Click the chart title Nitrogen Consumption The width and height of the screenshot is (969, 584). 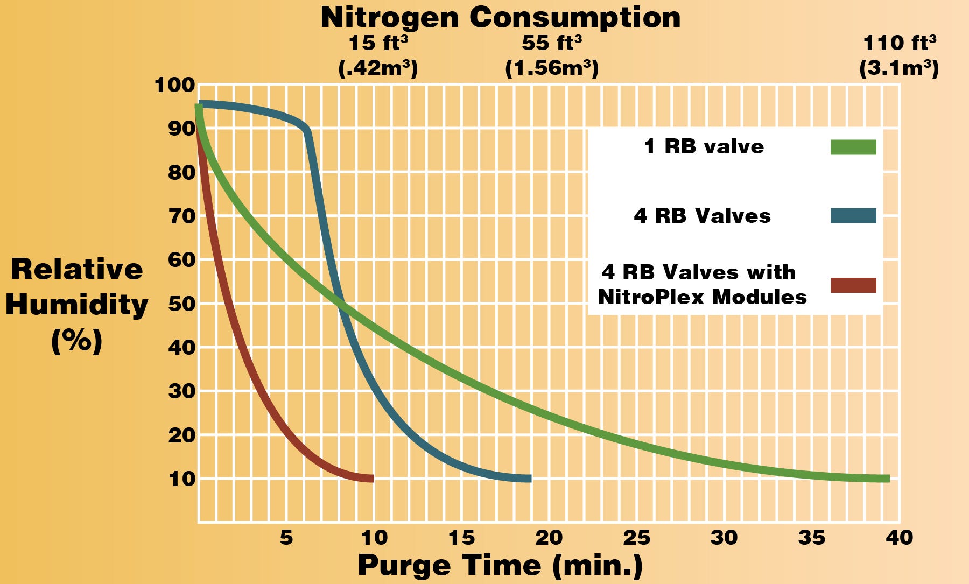[500, 18]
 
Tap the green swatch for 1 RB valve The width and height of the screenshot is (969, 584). [853, 147]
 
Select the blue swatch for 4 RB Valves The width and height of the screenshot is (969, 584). [853, 216]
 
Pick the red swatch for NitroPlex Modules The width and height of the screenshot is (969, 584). [853, 285]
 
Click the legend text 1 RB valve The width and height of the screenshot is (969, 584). [704, 146]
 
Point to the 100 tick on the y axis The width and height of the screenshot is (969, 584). [174, 85]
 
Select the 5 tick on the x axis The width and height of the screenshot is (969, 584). [286, 537]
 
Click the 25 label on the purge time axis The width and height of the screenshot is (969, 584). [636, 537]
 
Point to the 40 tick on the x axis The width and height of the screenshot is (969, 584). [899, 537]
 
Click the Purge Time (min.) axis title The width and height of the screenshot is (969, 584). [500, 566]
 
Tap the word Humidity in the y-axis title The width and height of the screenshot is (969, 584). [76, 305]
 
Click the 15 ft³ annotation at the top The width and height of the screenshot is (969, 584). [378, 43]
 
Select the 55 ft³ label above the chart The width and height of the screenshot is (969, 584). [552, 43]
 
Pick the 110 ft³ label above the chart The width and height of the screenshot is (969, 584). [899, 43]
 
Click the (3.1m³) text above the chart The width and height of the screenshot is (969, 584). [899, 68]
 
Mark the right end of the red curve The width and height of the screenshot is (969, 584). [371, 479]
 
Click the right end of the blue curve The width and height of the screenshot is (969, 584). [529, 479]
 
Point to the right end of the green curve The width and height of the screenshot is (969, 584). [887, 479]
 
